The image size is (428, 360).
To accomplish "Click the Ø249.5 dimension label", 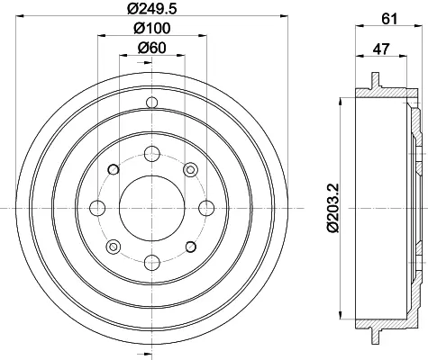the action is (152, 8).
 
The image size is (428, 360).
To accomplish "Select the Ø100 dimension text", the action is (152, 28).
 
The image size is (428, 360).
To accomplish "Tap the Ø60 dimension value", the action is (152, 48).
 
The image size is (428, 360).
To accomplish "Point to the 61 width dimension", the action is (389, 19).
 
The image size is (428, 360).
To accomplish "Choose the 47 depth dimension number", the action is (381, 49).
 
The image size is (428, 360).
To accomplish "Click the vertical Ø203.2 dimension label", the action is (333, 208).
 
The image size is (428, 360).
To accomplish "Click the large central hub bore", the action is (152, 208).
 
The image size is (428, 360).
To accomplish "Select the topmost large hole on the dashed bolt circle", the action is (152, 154).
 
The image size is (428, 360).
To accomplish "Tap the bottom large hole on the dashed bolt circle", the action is (152, 262).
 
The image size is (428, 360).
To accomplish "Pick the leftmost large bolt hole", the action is (97, 208).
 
